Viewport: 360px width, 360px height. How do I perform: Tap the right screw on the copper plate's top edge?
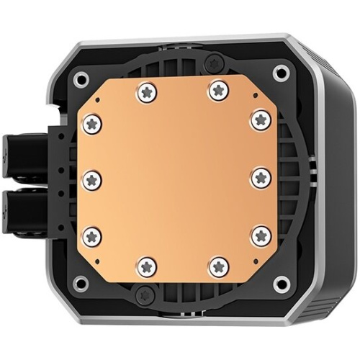click(x=218, y=90)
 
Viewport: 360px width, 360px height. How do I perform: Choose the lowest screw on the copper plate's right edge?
click(x=260, y=235)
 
